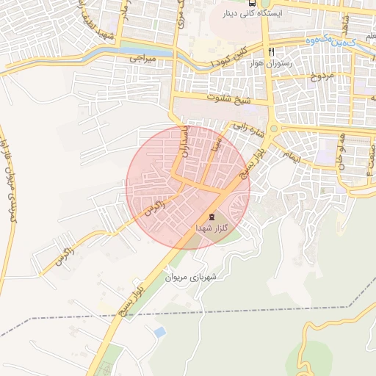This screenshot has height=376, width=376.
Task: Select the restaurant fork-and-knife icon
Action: click(x=272, y=52)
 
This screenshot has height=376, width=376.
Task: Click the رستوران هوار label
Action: click(x=271, y=64)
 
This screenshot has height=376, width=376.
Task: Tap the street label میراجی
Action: click(x=144, y=57)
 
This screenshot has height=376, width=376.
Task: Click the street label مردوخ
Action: click(x=321, y=76)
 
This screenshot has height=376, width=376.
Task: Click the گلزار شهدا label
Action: click(x=212, y=229)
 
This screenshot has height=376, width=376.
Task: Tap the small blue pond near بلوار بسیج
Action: click(x=159, y=333)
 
